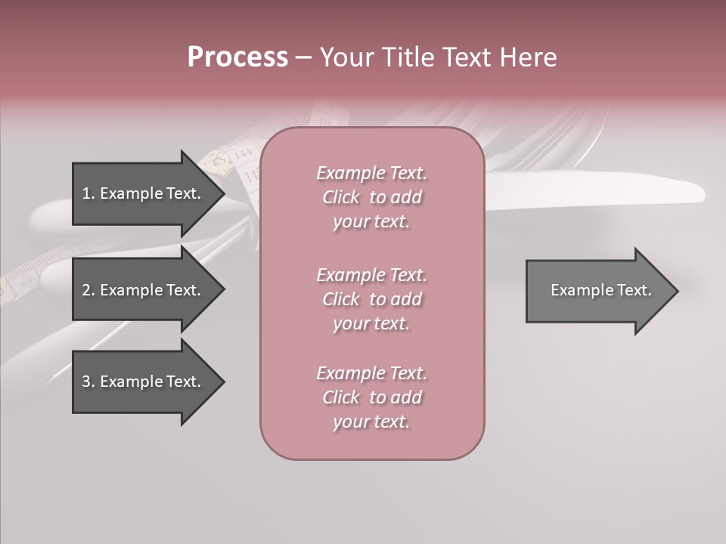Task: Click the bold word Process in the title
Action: coord(237,57)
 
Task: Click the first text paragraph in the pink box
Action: coord(371,197)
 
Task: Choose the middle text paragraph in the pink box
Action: coord(371,299)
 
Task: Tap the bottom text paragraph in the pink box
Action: coord(371,397)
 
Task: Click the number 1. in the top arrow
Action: coord(88,193)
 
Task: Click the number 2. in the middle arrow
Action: coord(88,290)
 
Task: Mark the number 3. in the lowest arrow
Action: coord(88,382)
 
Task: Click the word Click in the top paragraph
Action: coord(341,197)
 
